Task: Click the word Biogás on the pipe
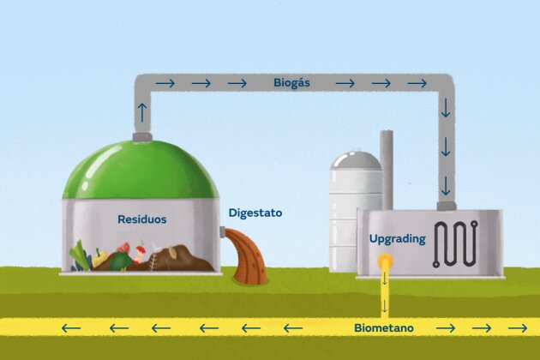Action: (291, 83)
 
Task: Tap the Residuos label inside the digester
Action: (142, 219)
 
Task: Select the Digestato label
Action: (255, 213)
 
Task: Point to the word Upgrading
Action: (398, 239)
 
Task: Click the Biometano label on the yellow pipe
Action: (384, 328)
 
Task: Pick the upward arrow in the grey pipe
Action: (142, 112)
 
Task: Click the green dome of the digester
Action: (141, 170)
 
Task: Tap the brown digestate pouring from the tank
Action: (247, 255)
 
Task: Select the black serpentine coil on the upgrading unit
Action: (455, 244)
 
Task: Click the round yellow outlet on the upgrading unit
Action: (385, 260)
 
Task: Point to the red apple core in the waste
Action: (141, 254)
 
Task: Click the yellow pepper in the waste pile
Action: (99, 258)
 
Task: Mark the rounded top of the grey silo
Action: (356, 159)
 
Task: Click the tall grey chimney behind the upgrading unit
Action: (387, 170)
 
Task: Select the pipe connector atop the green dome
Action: (142, 137)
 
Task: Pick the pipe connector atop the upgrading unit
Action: (447, 206)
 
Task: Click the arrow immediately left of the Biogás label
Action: (237, 83)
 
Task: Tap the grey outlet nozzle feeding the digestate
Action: (222, 231)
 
